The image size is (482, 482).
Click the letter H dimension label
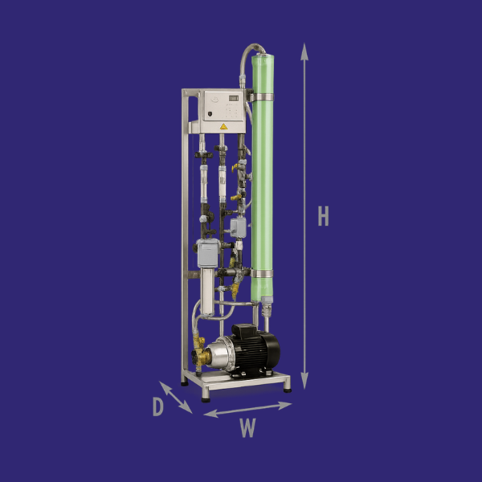(323, 216)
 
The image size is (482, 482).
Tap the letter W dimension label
(247, 429)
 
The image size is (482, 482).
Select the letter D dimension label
(158, 407)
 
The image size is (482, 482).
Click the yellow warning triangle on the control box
(224, 125)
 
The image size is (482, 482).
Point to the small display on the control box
(231, 99)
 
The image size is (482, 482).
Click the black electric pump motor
(256, 351)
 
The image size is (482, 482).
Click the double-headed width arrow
(247, 410)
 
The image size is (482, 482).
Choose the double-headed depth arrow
(176, 397)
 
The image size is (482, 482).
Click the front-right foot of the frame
(287, 386)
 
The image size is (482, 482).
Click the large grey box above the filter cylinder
(206, 254)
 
